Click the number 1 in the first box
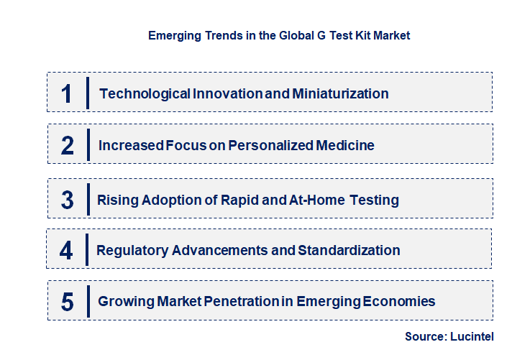[x=67, y=93]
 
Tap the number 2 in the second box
[x=68, y=146]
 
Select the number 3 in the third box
[x=68, y=200]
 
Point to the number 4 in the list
[x=67, y=251]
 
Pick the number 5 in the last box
[x=68, y=302]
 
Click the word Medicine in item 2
[x=346, y=145]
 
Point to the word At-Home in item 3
[x=316, y=200]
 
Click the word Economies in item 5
[x=401, y=302]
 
